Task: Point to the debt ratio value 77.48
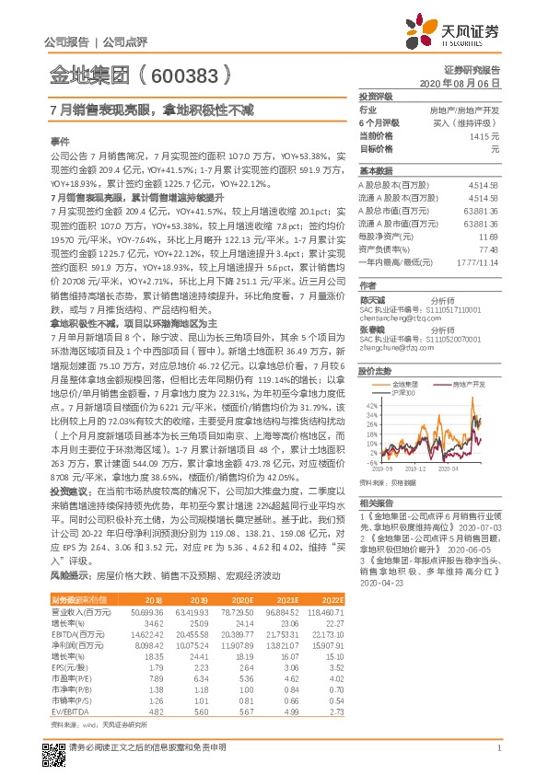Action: tap(488, 249)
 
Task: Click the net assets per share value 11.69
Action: tap(489, 237)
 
